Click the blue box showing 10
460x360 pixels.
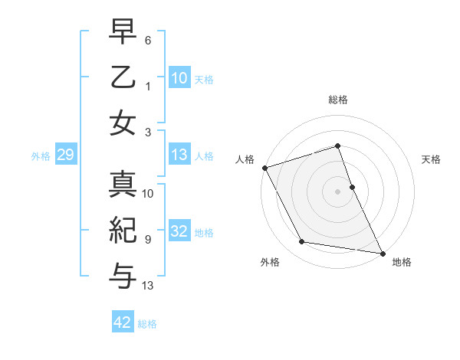[x=179, y=78]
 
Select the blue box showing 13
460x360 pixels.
[x=179, y=155]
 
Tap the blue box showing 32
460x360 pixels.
[x=179, y=232]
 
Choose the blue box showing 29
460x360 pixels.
[x=65, y=155]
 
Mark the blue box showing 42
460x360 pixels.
[x=123, y=323]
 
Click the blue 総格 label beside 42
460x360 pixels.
[x=147, y=324]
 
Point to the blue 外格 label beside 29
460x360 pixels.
[x=41, y=156]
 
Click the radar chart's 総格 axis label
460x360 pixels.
[x=337, y=100]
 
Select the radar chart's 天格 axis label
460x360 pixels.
[x=432, y=159]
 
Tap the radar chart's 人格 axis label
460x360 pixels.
[x=245, y=159]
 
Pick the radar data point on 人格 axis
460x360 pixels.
[x=264, y=168]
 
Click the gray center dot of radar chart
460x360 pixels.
[x=337, y=191]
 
